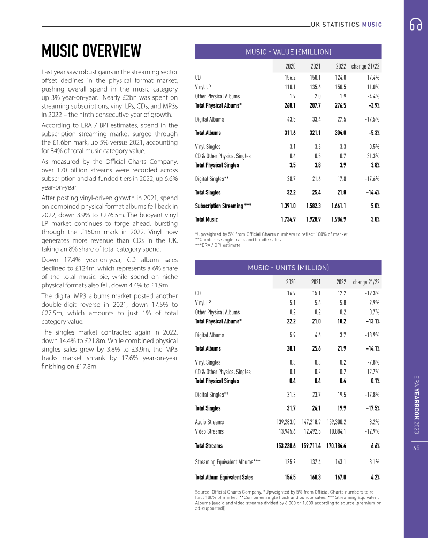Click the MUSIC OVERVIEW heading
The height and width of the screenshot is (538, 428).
pyautogui.click(x=91, y=51)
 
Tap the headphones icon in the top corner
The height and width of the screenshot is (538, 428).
pyautogui.click(x=416, y=24)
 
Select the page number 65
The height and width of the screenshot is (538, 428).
pyautogui.click(x=416, y=449)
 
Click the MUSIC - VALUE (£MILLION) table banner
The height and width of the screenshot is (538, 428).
pyautogui.click(x=288, y=51)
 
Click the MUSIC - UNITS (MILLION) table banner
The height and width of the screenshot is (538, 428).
pyautogui.click(x=288, y=267)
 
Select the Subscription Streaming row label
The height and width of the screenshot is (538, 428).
pyautogui.click(x=223, y=206)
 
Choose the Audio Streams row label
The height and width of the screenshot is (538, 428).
pyautogui.click(x=209, y=422)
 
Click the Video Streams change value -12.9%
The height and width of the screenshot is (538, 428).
pyautogui.click(x=370, y=431)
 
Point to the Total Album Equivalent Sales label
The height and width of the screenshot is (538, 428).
pyautogui.click(x=224, y=477)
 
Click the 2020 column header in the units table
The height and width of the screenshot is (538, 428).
pyautogui.click(x=291, y=282)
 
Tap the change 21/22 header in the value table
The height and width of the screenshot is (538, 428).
pyautogui.click(x=365, y=66)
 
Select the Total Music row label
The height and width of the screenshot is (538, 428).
pyautogui.click(x=207, y=219)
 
